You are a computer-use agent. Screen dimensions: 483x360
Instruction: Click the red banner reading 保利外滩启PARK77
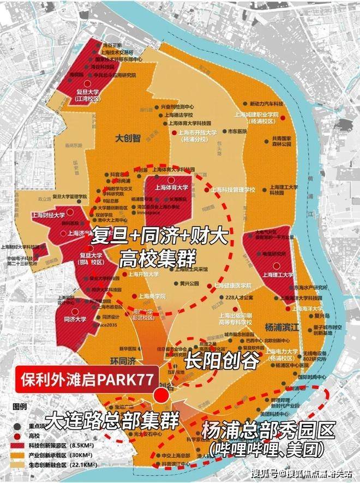tap(85, 378)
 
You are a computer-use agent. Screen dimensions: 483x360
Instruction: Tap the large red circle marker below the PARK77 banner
tap(160, 395)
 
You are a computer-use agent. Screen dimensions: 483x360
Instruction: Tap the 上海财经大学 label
tap(48, 216)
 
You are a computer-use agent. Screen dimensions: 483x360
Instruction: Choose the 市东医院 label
tap(238, 132)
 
